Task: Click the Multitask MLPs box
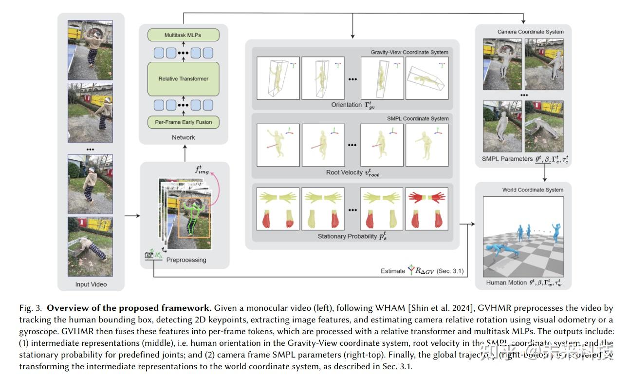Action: [183, 35]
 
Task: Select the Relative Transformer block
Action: [183, 78]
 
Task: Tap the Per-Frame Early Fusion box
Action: [183, 122]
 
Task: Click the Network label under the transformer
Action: [183, 137]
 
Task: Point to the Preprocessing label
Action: [186, 260]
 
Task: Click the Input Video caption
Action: [91, 284]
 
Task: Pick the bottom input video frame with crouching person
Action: [90, 246]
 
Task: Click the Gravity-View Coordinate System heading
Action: [409, 52]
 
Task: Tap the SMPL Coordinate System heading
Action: [418, 118]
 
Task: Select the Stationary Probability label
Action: [352, 237]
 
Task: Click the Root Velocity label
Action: [352, 172]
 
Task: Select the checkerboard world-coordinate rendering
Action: [523, 236]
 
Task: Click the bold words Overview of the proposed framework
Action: [129, 308]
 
